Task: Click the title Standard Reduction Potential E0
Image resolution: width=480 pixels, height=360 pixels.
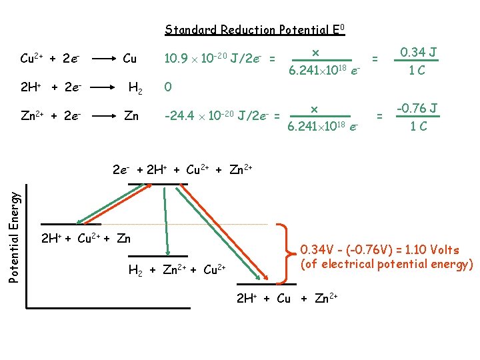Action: (x=255, y=30)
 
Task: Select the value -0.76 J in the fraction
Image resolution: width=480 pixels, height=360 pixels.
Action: (x=417, y=108)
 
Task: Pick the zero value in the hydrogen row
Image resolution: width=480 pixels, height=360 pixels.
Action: (x=168, y=87)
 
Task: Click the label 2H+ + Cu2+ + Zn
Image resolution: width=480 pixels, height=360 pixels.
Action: (x=86, y=239)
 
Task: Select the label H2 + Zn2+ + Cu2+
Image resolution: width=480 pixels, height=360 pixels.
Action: (x=177, y=270)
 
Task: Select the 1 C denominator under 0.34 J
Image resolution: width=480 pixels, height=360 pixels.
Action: (x=417, y=69)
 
